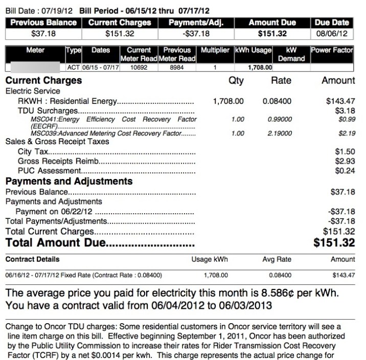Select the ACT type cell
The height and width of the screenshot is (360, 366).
tap(73, 67)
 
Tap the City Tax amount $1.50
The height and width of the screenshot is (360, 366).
tap(345, 152)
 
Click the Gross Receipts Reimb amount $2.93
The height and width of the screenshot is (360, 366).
tap(345, 161)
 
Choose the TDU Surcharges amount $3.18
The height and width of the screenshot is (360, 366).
tap(345, 110)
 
